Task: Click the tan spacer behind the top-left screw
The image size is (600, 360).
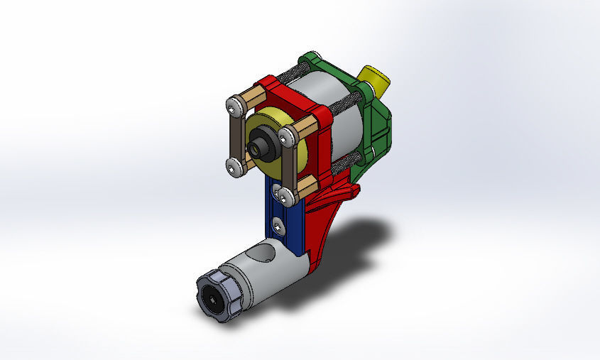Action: click(x=252, y=97)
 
